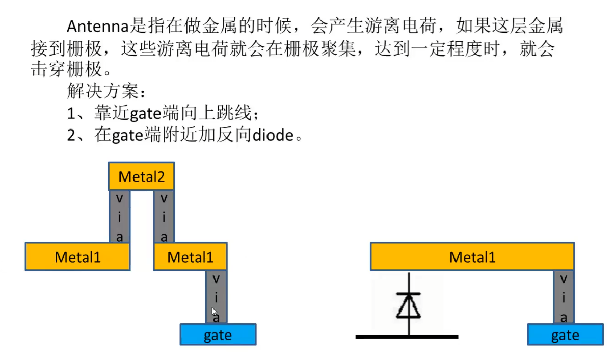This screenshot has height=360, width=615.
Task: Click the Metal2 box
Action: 141,176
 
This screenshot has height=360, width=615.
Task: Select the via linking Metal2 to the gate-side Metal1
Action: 164,216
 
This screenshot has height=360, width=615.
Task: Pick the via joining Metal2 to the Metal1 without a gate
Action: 119,216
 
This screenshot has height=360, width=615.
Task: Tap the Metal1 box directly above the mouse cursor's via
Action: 190,256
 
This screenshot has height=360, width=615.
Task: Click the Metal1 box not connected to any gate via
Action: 77,256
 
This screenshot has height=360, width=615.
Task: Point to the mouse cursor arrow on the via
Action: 215,311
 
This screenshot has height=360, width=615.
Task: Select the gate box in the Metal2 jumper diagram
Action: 218,335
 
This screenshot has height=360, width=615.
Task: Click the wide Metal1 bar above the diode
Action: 472,256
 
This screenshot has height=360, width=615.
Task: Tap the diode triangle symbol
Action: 409,306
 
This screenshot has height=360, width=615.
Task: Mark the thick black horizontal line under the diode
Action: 407,337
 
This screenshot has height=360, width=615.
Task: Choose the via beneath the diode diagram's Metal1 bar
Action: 564,297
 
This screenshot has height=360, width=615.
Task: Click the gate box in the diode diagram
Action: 565,335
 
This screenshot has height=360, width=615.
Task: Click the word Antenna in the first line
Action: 98,25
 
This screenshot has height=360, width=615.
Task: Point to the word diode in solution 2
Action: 273,135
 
